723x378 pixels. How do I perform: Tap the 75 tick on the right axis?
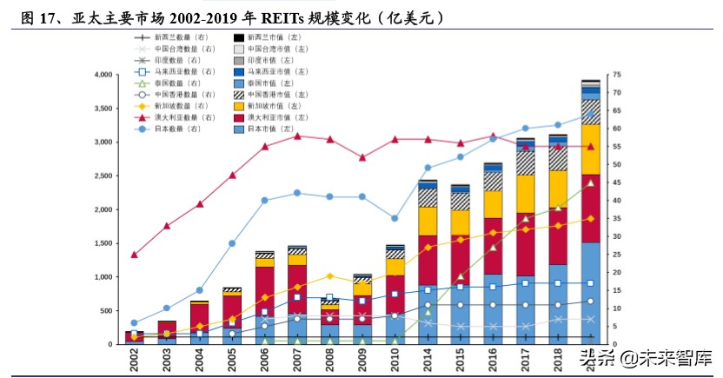[617, 75]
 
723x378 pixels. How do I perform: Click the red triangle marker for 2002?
[134, 255]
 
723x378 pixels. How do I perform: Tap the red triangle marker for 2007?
[297, 136]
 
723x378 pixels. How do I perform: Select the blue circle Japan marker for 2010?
[395, 218]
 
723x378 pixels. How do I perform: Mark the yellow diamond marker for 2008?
[329, 276]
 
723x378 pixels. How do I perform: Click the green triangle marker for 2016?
[493, 247]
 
